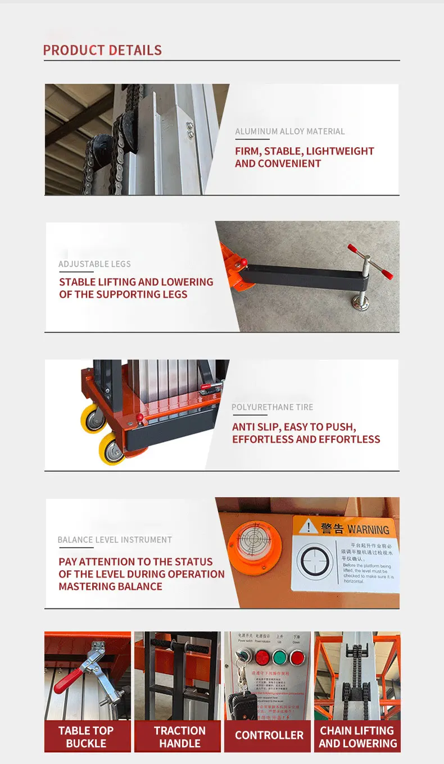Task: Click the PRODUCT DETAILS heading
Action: click(x=102, y=51)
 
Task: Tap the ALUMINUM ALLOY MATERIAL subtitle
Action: click(x=290, y=131)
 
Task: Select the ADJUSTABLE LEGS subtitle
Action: click(x=94, y=264)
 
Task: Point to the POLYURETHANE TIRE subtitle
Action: click(x=273, y=407)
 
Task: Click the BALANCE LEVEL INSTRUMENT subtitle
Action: click(x=115, y=540)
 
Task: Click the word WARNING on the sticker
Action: click(x=368, y=529)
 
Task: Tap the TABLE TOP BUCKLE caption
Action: click(x=86, y=736)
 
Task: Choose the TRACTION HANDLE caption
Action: click(x=180, y=736)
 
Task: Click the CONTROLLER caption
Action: click(x=269, y=735)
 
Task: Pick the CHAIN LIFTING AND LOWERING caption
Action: click(x=357, y=736)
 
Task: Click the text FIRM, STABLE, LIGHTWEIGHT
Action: click(x=304, y=151)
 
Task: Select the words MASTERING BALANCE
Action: click(x=110, y=586)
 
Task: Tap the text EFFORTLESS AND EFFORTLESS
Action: click(x=306, y=439)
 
